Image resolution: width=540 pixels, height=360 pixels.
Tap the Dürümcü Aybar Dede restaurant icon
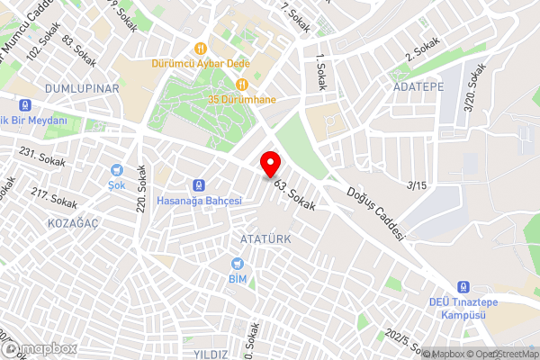tap(200, 48)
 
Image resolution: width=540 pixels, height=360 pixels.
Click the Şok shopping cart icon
tap(116, 169)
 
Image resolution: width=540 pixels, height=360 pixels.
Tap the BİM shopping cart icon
tap(238, 264)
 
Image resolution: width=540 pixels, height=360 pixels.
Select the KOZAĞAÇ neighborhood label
tap(74, 221)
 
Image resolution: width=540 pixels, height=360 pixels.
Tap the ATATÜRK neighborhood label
tap(265, 238)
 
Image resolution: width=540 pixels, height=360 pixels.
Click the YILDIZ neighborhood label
tap(210, 354)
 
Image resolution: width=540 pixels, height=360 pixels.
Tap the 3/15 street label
tap(417, 186)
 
